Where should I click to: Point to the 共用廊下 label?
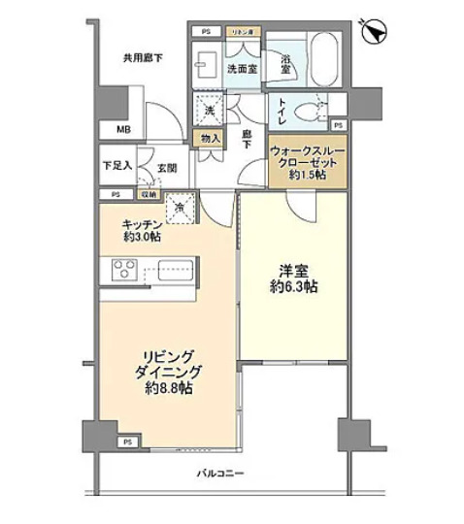(x=143, y=58)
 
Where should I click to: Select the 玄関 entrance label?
(x=166, y=168)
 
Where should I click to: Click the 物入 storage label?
(x=211, y=140)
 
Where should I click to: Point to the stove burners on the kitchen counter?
(x=124, y=267)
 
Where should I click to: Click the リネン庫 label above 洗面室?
(x=241, y=32)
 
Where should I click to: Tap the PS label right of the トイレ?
(x=337, y=125)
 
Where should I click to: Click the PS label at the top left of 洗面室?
(x=205, y=32)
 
